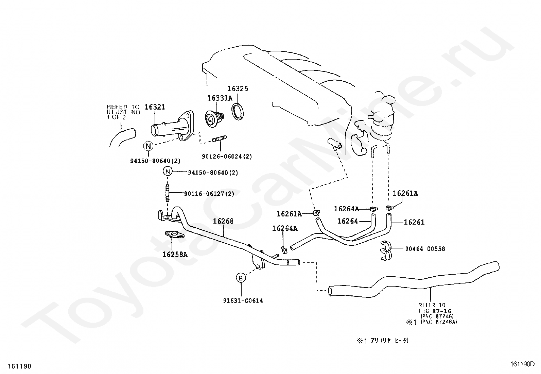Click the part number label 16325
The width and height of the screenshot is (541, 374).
pyautogui.click(x=238, y=88)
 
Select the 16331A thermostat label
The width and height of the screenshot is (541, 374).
pyautogui.click(x=220, y=98)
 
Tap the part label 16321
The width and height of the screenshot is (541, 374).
pyautogui.click(x=155, y=107)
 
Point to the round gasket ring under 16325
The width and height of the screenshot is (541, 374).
pyautogui.click(x=239, y=111)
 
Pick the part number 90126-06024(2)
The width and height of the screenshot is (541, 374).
pyautogui.click(x=227, y=157)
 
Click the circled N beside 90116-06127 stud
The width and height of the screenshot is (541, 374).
pyautogui.click(x=168, y=171)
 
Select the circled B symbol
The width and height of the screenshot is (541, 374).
pyautogui.click(x=241, y=278)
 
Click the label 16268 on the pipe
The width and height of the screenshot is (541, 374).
pyautogui.click(x=223, y=221)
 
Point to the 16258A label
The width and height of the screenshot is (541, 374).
pyautogui.click(x=175, y=254)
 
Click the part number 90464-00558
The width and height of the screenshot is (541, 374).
pyautogui.click(x=425, y=249)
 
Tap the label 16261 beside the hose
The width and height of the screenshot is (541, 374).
pyautogui.click(x=414, y=222)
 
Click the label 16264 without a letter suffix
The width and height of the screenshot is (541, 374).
pyautogui.click(x=347, y=221)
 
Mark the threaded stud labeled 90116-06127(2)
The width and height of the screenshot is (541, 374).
pyautogui.click(x=167, y=193)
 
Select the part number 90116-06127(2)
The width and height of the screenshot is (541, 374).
pyautogui.click(x=209, y=194)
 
